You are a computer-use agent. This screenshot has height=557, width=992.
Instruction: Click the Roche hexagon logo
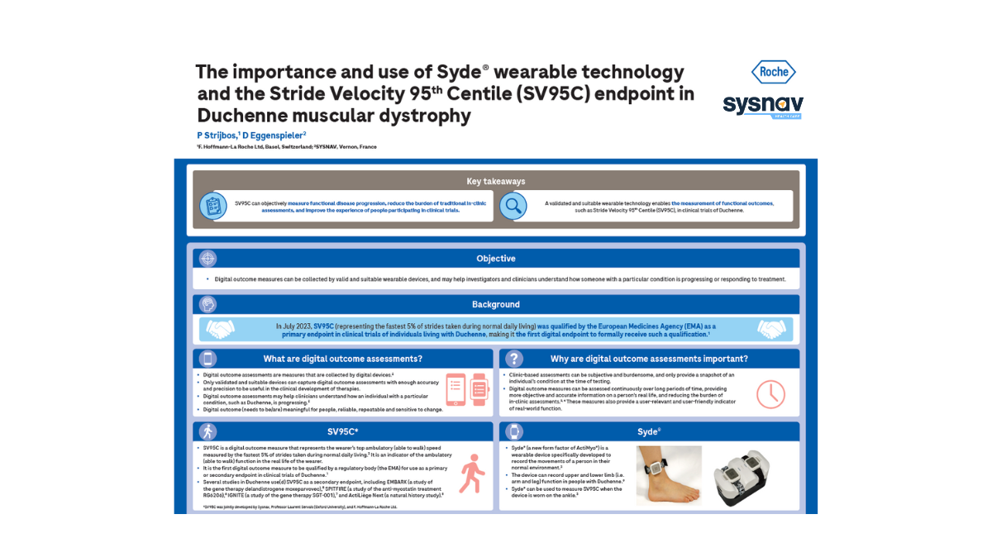tap(773, 72)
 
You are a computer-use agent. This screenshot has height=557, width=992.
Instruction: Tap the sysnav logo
tap(762, 105)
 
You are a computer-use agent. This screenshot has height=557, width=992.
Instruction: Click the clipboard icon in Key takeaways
tap(213, 206)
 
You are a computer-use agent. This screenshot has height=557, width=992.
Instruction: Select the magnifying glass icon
tap(513, 206)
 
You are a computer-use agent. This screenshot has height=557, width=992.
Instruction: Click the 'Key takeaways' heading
tap(496, 181)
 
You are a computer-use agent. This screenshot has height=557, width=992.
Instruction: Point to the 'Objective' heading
tap(496, 259)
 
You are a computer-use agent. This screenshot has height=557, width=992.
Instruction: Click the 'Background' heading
tap(496, 304)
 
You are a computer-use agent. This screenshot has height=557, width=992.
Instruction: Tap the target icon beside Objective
tap(207, 259)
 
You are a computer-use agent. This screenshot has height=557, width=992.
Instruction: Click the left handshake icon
tap(220, 329)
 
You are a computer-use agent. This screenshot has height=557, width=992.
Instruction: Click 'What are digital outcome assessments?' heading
tap(342, 359)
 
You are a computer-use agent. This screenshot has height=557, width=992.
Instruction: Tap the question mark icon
tap(514, 359)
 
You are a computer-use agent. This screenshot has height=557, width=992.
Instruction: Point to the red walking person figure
tap(471, 473)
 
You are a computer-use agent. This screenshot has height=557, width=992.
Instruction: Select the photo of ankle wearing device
tap(669, 476)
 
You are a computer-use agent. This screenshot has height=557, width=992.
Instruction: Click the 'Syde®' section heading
tap(649, 431)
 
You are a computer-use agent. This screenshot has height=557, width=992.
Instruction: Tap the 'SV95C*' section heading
tap(342, 431)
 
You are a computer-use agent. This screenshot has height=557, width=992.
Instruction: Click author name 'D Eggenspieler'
tap(275, 135)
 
